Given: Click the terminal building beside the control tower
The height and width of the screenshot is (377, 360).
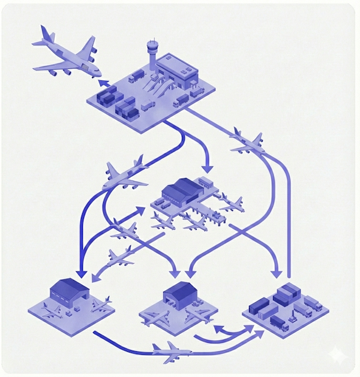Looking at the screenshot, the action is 178,71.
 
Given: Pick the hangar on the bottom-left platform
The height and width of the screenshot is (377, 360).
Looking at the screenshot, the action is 70,291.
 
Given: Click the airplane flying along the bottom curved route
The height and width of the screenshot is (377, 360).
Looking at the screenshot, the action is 171,351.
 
